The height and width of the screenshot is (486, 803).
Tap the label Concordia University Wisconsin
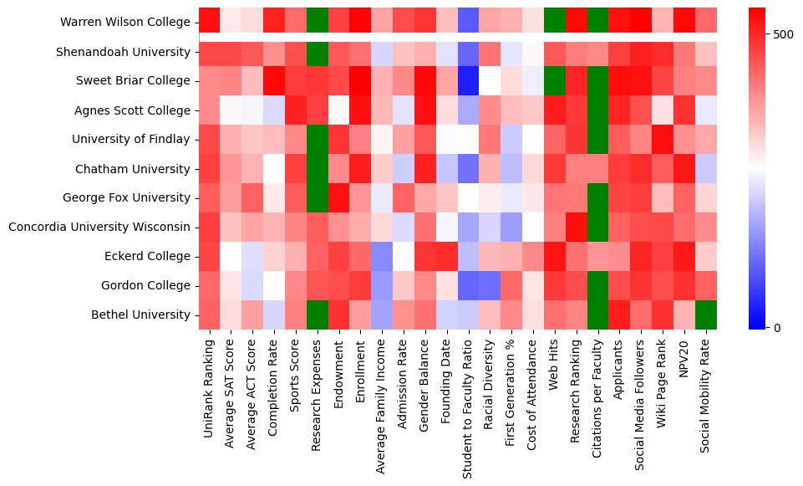[99, 227]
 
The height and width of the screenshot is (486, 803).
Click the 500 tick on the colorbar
[784, 34]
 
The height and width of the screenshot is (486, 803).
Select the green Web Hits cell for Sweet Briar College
[555, 81]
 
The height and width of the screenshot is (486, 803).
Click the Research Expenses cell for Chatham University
[318, 168]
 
